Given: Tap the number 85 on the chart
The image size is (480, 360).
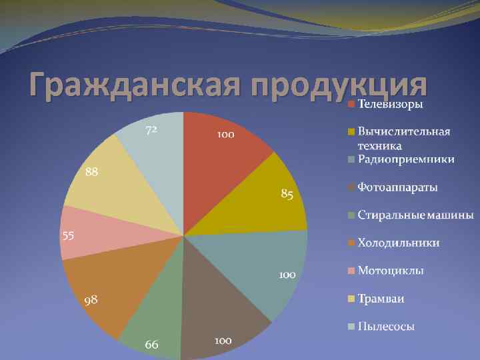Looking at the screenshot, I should coord(287,195).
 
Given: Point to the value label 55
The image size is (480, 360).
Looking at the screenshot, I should coord(68,236).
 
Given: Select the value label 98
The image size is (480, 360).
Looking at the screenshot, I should coord(91,300).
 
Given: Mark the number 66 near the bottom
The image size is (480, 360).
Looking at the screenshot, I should coord(152,344).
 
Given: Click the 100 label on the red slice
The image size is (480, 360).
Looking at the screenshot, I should coord(225,135).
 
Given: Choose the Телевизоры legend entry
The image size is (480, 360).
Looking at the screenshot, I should coord(390,104).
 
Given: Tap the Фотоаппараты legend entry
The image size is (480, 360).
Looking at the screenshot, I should coord(397,187).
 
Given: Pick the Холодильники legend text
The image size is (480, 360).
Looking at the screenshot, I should coord(399,243).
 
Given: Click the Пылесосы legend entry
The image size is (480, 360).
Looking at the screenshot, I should coord(386,326).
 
